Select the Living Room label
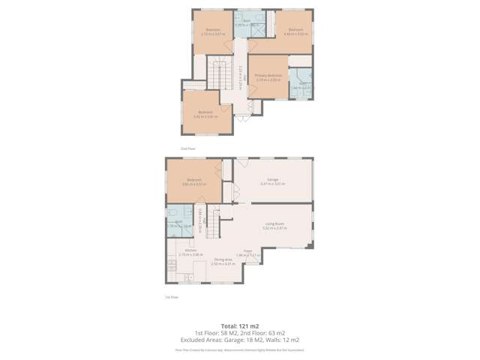pyautogui.click(x=274, y=224)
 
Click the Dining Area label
pyautogui.click(x=223, y=260)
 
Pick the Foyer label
pyautogui.click(x=247, y=252)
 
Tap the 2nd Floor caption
pyautogui.click(x=187, y=148)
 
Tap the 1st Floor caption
pyautogui.click(x=171, y=297)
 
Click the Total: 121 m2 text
pyautogui.click(x=239, y=326)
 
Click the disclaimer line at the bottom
pyautogui.click(x=240, y=349)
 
